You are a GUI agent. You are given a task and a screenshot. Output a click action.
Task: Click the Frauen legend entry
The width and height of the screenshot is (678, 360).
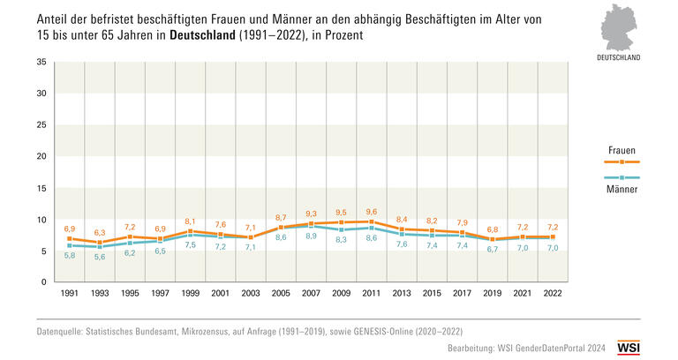click(622, 151)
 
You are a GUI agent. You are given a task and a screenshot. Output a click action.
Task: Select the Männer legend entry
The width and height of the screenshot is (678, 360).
click(622, 189)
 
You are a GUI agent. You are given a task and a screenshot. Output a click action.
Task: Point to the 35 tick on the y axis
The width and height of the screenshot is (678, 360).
click(41, 62)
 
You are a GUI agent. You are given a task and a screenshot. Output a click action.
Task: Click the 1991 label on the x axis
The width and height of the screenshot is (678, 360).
click(68, 293)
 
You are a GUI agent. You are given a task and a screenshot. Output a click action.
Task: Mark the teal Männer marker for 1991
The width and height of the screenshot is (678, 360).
click(68, 245)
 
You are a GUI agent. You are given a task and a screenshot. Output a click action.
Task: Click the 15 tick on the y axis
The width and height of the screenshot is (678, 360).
click(41, 188)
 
